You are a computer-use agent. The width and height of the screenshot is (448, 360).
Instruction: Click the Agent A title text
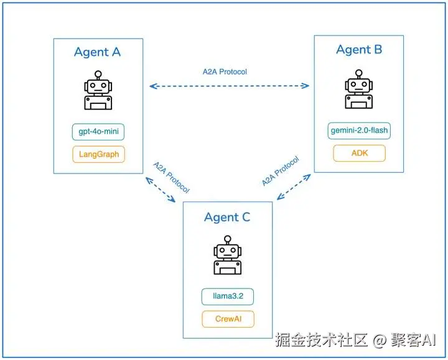[97, 52]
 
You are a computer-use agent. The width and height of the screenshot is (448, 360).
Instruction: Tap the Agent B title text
[359, 50]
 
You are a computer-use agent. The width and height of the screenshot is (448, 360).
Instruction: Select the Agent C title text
[227, 217]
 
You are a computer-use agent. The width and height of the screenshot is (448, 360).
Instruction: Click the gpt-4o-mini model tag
[98, 132]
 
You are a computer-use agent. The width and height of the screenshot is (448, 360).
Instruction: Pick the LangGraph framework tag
[98, 154]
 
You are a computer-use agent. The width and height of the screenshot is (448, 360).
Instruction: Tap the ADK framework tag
[359, 153]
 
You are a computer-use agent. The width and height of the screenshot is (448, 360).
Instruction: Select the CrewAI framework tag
[228, 319]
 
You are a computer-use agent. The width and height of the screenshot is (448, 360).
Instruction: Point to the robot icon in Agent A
[98, 91]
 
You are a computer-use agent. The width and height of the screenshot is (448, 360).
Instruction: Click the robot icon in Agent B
[359, 91]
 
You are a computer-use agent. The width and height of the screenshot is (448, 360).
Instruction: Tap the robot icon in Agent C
[227, 256]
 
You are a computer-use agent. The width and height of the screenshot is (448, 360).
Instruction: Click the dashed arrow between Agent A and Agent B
[230, 86]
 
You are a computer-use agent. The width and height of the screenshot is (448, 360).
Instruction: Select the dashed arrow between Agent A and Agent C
[161, 190]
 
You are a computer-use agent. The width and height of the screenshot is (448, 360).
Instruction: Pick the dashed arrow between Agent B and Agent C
[294, 187]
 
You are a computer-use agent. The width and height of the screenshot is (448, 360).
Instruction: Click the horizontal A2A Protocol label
[225, 72]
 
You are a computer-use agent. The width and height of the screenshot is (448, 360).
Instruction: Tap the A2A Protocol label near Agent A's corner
[171, 177]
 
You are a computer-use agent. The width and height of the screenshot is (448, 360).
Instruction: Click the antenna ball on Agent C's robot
[227, 238]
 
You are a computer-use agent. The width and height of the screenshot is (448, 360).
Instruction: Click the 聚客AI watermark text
[414, 340]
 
